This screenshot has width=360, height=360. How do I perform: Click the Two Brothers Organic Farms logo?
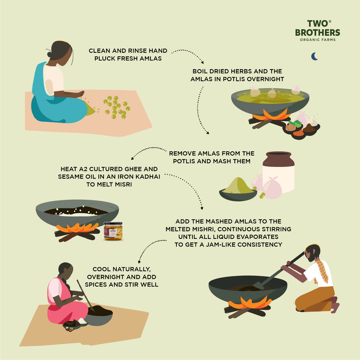click(318, 30)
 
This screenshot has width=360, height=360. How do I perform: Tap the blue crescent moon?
click(314, 56)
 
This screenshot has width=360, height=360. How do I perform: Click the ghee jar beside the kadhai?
click(113, 231)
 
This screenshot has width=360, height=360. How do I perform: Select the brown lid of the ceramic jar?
click(278, 159)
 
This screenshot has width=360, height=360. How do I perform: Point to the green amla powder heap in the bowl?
click(238, 186)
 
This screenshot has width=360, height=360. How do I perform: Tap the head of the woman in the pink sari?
click(66, 271)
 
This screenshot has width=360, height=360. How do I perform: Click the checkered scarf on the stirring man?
click(322, 272)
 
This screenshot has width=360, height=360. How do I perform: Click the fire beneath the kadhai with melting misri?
click(77, 228)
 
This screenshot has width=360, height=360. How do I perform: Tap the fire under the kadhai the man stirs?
click(250, 303)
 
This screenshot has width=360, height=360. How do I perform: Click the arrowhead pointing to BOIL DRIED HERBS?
click(202, 62)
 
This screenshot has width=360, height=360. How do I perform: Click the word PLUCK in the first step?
click(105, 58)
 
